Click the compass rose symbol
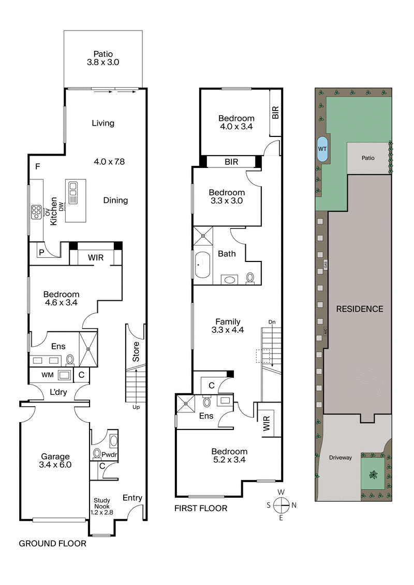[x=281, y=505]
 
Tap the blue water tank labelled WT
[x=322, y=150]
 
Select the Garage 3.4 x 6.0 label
[x=56, y=460]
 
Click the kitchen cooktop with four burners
[x=37, y=211]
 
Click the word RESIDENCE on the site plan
[x=360, y=309]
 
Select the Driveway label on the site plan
[x=340, y=457]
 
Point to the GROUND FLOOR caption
[x=52, y=544]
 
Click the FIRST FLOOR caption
[x=201, y=509]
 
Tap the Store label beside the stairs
[x=136, y=351]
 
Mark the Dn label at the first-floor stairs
[x=272, y=322]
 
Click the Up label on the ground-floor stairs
[x=136, y=407]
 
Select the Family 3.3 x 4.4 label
[x=228, y=326]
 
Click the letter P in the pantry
[x=40, y=253]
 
